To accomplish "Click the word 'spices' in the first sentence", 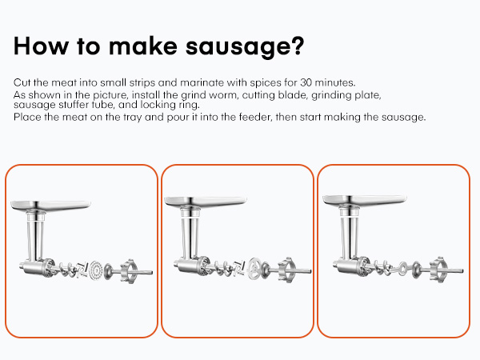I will click(251, 83).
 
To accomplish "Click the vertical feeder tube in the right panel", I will click(350, 236).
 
